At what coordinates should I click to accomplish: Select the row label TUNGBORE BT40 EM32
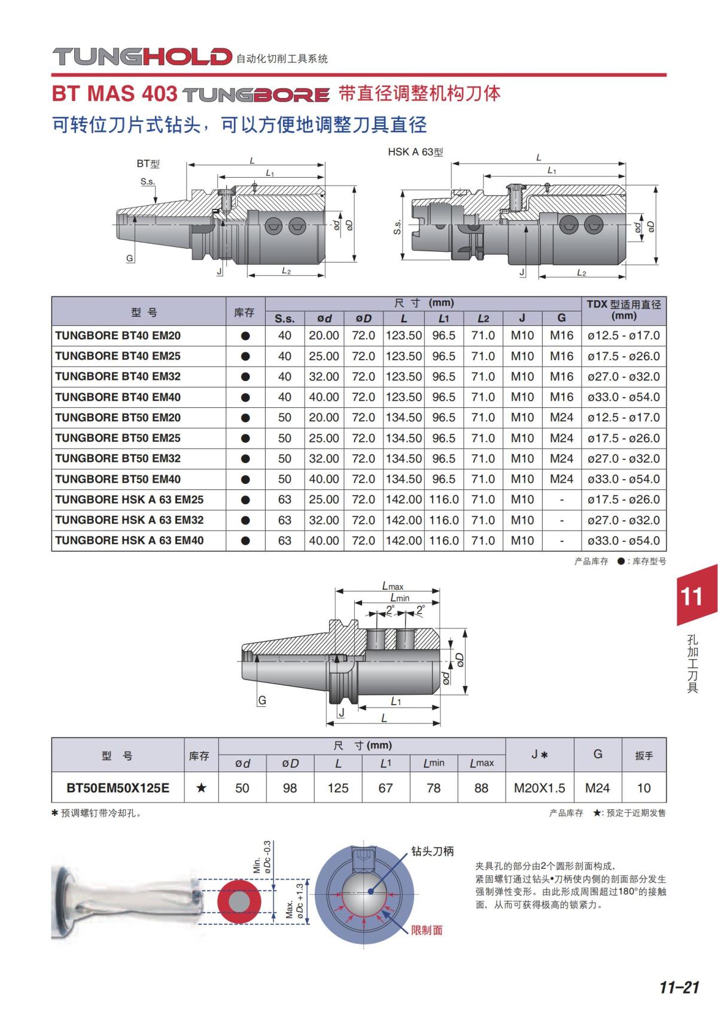pyautogui.click(x=118, y=377)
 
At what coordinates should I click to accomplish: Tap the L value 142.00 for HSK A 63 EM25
pyautogui.click(x=403, y=499)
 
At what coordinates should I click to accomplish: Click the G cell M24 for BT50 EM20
pyautogui.click(x=562, y=417)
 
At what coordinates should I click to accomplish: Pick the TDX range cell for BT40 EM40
pyautogui.click(x=623, y=397)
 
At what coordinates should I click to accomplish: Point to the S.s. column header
pyautogui.click(x=285, y=319)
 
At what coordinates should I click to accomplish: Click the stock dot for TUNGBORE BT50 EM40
pyautogui.click(x=245, y=480)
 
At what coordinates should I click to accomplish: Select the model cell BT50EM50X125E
pyautogui.click(x=118, y=788)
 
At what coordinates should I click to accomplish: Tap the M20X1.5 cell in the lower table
pyautogui.click(x=540, y=788)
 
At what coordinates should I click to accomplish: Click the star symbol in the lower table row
pyautogui.click(x=201, y=788)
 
